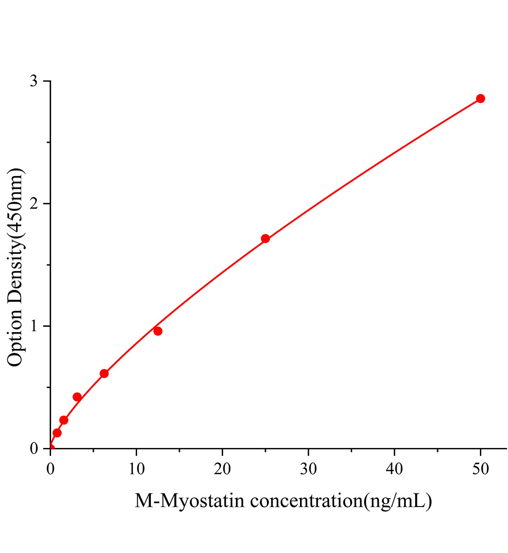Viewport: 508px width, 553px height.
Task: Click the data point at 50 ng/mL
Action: (480, 99)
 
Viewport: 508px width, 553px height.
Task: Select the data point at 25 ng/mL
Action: (265, 239)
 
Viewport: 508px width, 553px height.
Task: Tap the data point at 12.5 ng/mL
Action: (158, 331)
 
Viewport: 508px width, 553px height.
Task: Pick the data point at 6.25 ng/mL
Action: (104, 373)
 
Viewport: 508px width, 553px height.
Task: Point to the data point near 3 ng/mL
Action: (77, 397)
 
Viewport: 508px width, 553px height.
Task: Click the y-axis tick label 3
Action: (34, 81)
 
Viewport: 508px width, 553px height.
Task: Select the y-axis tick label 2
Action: (34, 204)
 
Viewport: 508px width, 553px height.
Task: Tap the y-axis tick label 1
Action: (34, 326)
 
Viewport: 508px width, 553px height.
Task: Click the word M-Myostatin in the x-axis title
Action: (189, 500)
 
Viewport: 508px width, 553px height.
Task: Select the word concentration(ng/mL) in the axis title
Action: (341, 500)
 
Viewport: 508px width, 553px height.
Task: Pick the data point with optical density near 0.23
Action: (64, 420)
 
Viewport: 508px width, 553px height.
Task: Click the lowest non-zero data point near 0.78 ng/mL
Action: (57, 433)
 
